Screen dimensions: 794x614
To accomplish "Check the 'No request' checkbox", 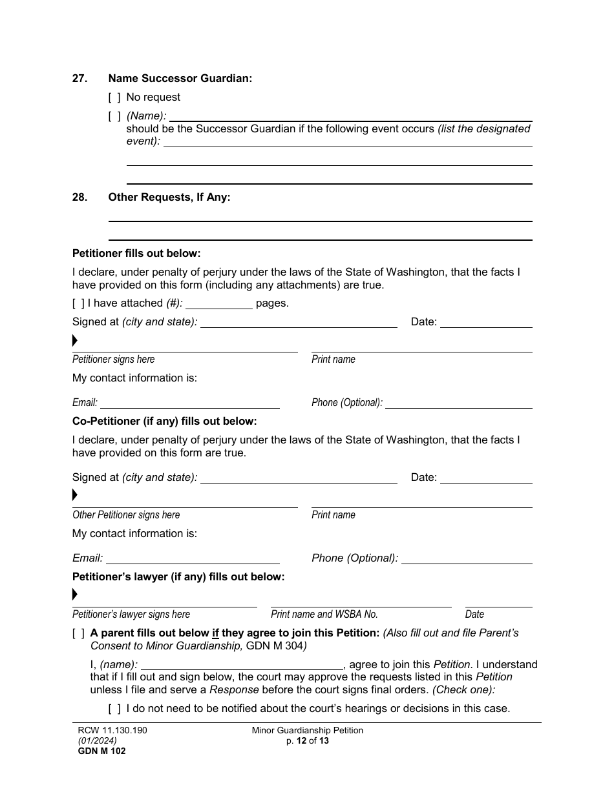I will coord(114,97).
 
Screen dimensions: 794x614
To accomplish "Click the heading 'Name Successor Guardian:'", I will coord(180,79).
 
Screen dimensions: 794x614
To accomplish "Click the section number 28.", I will coord(79,198).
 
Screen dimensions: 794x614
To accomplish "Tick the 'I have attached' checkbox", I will coord(78,303).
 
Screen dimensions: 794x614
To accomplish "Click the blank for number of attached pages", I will coord(218,304).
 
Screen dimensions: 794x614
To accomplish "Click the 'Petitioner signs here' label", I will coord(113,360).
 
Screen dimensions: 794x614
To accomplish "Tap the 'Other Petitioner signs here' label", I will coord(126,515).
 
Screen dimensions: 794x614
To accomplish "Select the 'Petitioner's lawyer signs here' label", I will coord(131,615).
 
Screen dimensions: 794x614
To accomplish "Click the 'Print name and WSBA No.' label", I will coord(324,615).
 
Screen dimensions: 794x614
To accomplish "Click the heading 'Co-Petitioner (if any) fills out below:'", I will coord(164,422).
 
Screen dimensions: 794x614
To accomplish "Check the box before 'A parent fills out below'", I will coord(78,633).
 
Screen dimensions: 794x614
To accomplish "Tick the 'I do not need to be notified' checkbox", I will coord(114,709).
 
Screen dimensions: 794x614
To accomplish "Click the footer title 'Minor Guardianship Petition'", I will coord(308,731).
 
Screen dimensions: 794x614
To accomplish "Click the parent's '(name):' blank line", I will coord(242,665).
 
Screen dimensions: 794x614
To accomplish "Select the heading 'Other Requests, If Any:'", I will coord(169,198).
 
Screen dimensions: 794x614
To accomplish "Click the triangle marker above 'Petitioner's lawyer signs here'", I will coord(75,594).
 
